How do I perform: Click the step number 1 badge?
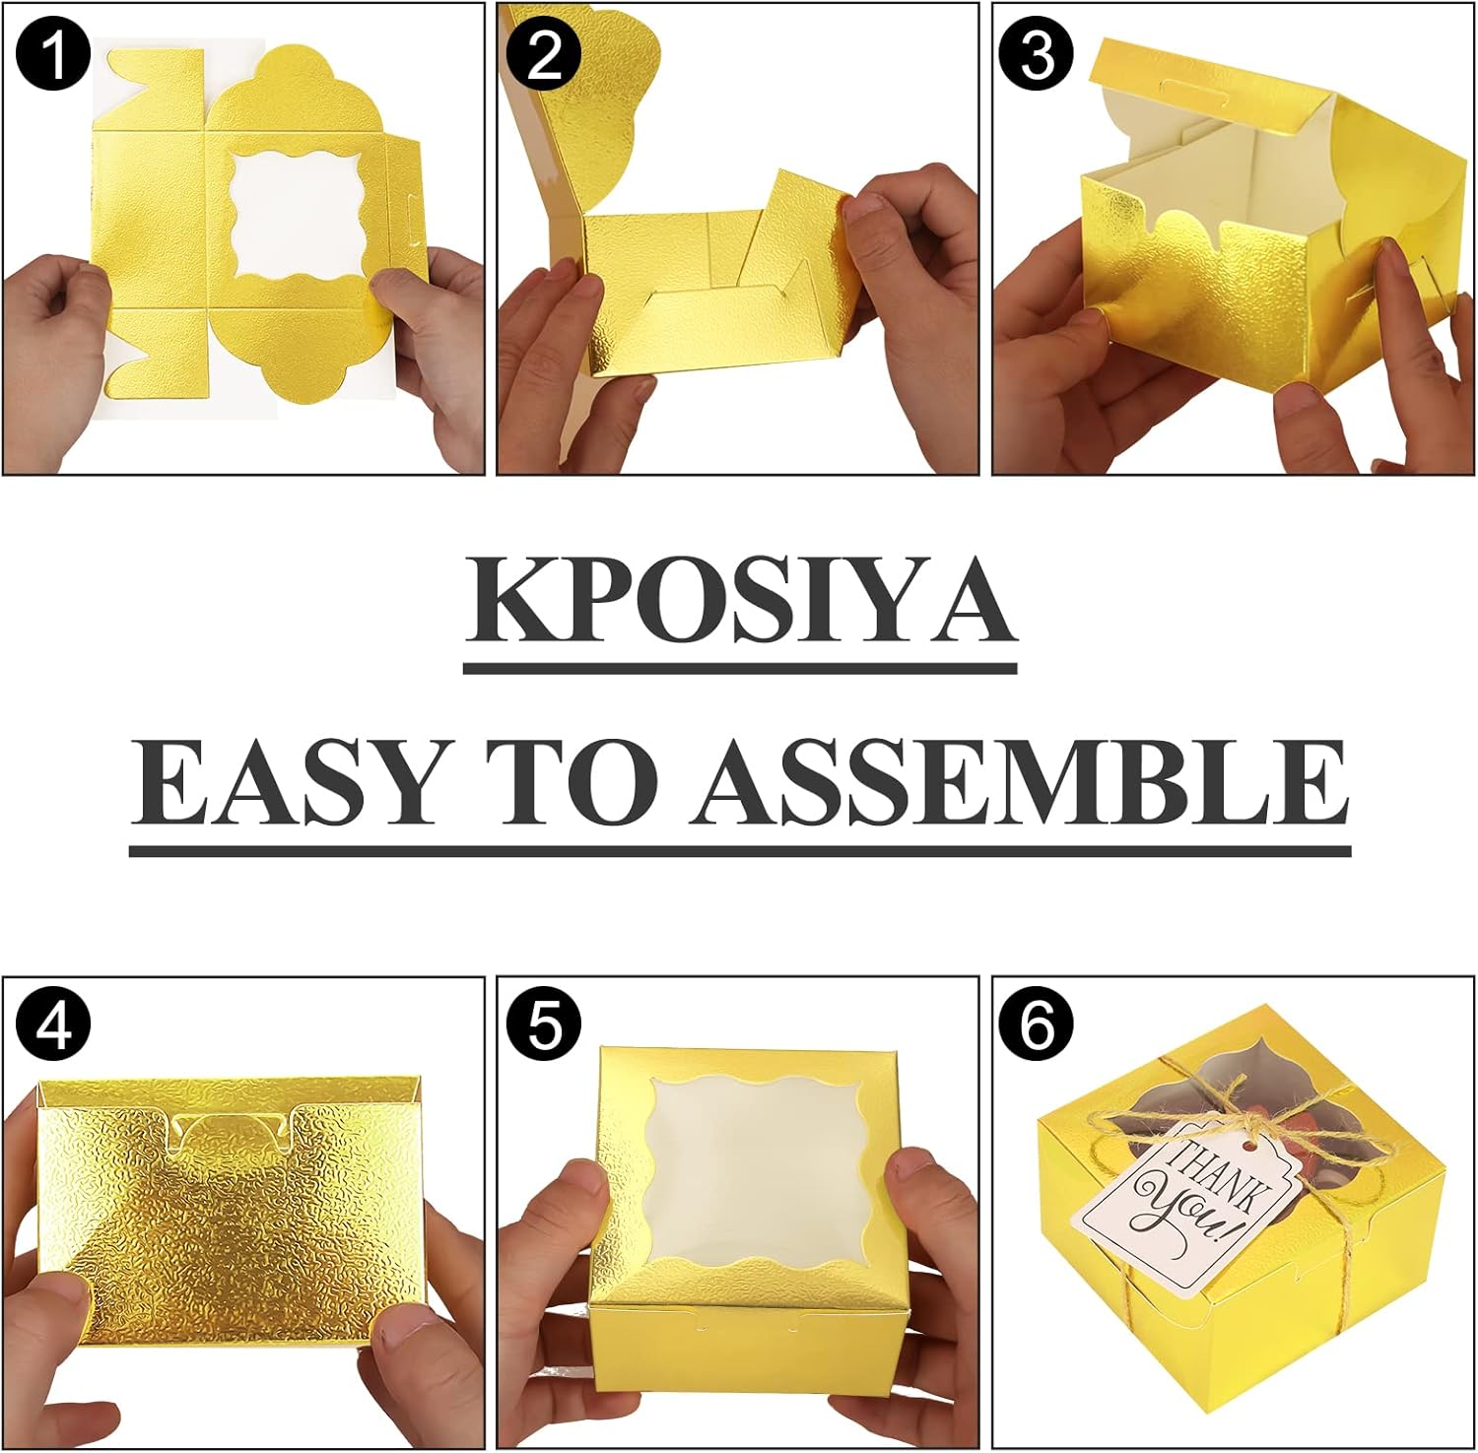point(54,55)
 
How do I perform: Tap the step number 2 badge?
point(545,55)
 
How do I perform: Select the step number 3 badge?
point(1039,55)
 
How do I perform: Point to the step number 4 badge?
point(54,1027)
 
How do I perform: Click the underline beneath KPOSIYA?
point(740,668)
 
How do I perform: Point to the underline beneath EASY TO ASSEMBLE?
point(740,849)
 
